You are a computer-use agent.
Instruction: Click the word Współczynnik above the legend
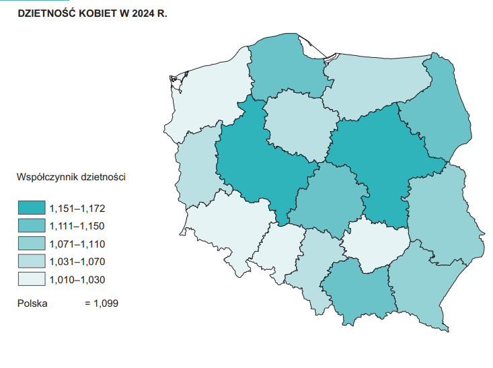click(x=48, y=178)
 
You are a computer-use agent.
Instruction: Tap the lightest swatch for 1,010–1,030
click(x=31, y=279)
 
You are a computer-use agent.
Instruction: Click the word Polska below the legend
click(x=32, y=303)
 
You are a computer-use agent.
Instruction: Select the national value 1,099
click(x=106, y=303)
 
